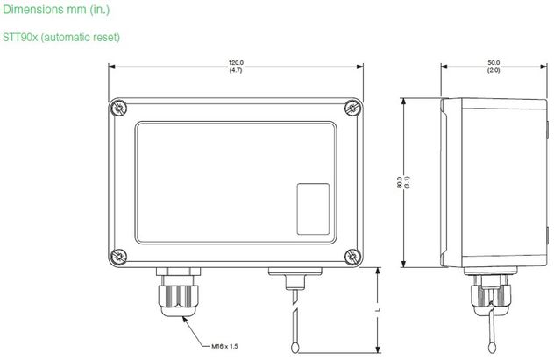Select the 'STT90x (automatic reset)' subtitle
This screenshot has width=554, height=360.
tap(60, 38)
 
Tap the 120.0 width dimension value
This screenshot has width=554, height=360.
tap(236, 63)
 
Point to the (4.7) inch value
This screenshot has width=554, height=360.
tap(236, 70)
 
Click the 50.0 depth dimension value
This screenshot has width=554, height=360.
tap(494, 63)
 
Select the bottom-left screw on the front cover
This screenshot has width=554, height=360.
tap(118, 256)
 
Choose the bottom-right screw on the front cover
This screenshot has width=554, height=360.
tap(352, 256)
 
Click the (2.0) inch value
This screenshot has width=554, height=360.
tap(494, 70)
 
